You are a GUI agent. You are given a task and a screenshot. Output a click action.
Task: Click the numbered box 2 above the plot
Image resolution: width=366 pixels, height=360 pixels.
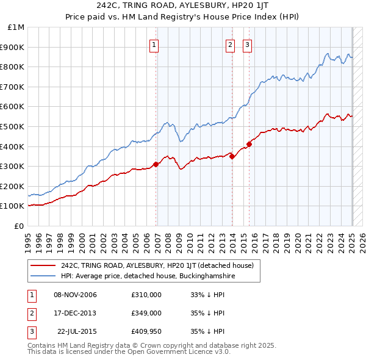tap(230, 44)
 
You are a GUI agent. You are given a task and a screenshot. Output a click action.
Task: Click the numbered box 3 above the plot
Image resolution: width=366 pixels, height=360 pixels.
tap(247, 44)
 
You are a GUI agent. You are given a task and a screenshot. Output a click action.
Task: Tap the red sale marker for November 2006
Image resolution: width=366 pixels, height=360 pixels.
tap(156, 164)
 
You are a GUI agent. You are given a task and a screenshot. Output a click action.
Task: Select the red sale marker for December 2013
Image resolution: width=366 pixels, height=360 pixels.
tap(232, 156)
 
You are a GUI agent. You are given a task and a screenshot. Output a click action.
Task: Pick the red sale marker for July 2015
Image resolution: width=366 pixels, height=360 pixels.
tap(249, 144)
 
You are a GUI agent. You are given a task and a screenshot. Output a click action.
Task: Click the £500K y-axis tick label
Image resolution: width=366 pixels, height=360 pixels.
tap(13, 126)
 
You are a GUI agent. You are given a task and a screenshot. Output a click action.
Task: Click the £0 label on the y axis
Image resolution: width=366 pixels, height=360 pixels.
tap(19, 226)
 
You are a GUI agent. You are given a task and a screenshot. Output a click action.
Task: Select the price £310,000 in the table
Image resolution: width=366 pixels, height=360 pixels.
tap(146, 295)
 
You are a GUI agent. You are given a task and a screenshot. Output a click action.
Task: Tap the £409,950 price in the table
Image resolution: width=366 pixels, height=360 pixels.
tap(146, 331)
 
